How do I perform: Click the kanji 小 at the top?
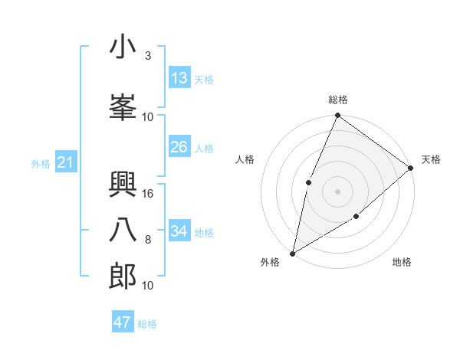[x=123, y=47]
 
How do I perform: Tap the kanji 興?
[x=123, y=183]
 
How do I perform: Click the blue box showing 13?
[x=179, y=78]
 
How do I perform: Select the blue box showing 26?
[x=179, y=147]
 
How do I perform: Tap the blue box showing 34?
[x=179, y=231]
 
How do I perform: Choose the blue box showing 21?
[x=65, y=162]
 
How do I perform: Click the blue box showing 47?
[x=123, y=322]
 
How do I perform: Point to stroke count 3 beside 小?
[x=147, y=56]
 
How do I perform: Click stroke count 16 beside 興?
[x=149, y=194]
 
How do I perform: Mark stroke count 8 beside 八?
[x=147, y=240]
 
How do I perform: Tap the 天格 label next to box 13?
[x=204, y=79]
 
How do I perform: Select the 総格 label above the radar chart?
[x=338, y=100]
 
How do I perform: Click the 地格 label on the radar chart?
[x=402, y=263]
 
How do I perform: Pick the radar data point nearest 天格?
[x=410, y=168]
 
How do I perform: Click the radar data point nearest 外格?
[x=292, y=253]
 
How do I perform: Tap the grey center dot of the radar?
[x=337, y=191]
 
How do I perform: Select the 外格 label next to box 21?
[x=41, y=163]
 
